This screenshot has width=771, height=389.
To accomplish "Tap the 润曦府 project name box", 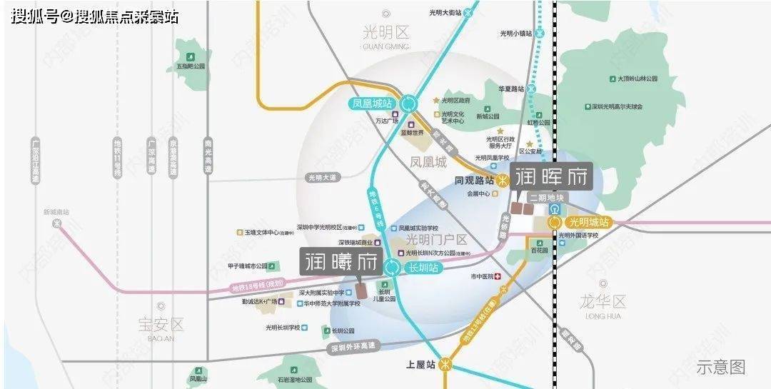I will click(340, 261).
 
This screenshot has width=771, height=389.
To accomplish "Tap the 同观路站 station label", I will click(475, 181).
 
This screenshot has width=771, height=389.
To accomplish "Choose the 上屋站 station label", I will click(420, 364).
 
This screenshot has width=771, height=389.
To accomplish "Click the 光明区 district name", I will click(386, 33).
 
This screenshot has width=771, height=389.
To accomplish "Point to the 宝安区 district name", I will click(161, 325).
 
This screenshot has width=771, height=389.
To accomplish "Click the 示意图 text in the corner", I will click(720, 367).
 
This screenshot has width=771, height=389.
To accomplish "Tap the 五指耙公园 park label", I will click(191, 66).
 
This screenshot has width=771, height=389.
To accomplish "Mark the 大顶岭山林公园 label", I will click(631, 78).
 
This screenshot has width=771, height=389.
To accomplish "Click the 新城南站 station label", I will click(56, 212).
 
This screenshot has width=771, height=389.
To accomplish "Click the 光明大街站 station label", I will click(445, 12).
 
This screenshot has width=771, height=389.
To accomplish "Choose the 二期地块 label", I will click(546, 198).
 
